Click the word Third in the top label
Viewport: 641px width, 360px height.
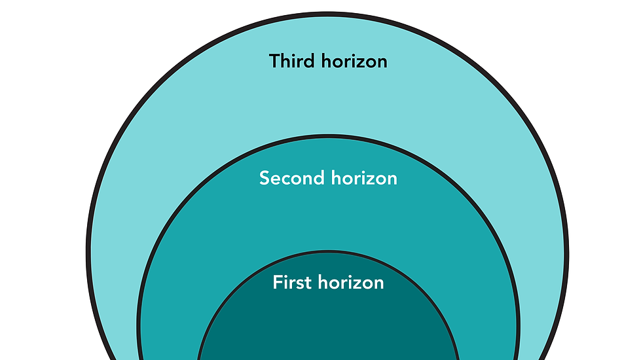pos(293,62)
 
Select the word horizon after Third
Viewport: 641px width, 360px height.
pos(354,62)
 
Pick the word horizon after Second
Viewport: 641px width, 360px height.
pos(364,178)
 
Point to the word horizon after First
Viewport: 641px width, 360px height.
pos(351,283)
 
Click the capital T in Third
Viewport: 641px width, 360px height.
pos(275,62)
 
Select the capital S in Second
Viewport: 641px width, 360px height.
pos(265,178)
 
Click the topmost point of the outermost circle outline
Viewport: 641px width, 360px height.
pos(327,14)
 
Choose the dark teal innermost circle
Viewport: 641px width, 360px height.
pos(327,321)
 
